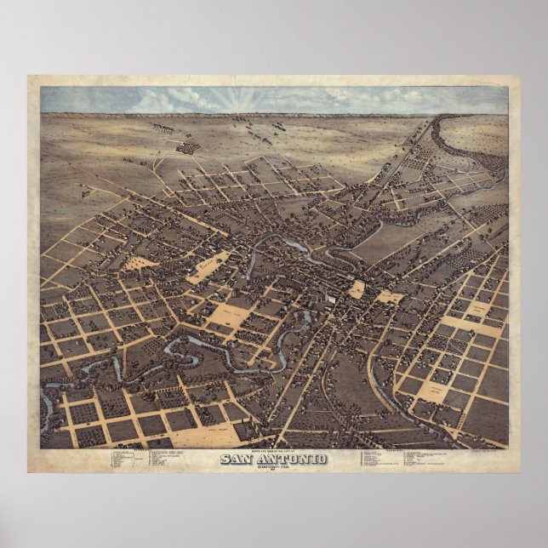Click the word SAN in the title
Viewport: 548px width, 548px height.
click(x=237, y=460)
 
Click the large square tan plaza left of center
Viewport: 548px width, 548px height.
click(x=229, y=315)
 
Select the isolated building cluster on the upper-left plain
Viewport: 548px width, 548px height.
click(x=187, y=147)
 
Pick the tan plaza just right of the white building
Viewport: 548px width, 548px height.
click(x=357, y=289)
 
